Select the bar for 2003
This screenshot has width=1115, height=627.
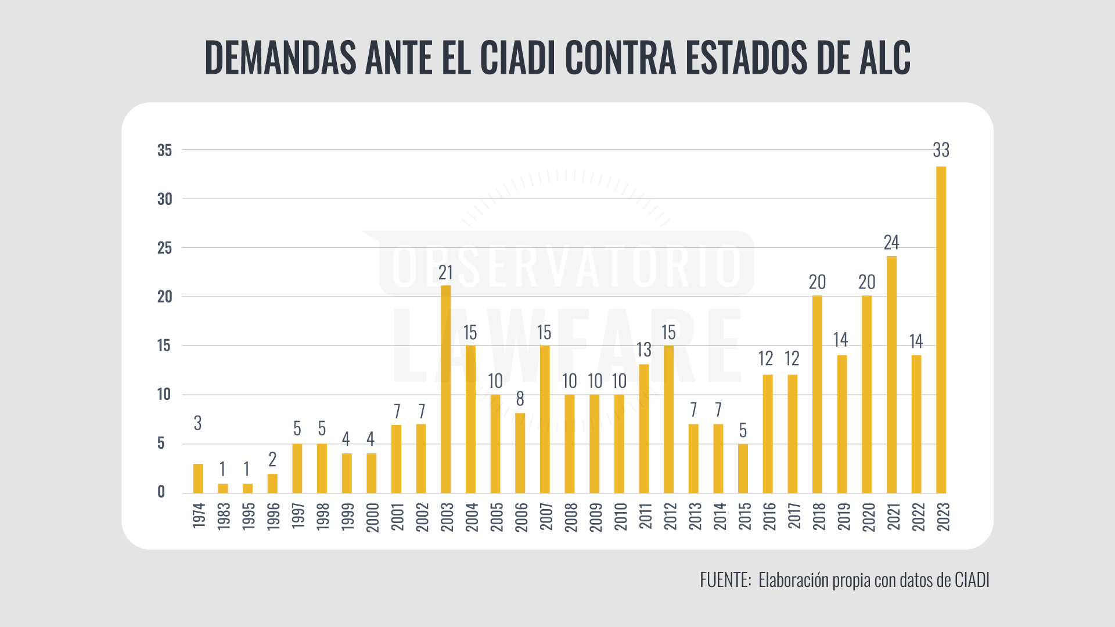[445, 389]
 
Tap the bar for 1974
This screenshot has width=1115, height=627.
[198, 478]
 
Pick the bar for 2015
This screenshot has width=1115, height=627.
[743, 469]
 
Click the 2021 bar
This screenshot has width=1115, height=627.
[891, 374]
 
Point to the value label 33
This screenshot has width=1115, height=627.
[941, 150]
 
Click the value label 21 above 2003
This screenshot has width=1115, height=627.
[445, 272]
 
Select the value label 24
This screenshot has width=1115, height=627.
[891, 242]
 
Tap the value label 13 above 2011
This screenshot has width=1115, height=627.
[644, 349]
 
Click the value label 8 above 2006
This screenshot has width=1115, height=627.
[520, 399]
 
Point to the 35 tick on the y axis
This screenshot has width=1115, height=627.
[164, 150]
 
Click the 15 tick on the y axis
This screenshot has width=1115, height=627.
[164, 345]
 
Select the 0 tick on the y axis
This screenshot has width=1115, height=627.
[161, 492]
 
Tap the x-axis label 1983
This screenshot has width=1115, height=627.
[224, 516]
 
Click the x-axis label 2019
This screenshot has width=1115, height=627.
[843, 516]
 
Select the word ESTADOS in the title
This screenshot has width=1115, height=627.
[746, 58]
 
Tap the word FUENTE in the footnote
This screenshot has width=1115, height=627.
[724, 580]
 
